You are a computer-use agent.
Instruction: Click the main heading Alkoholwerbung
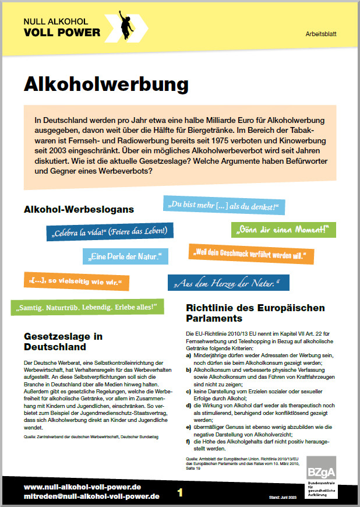point(106,84)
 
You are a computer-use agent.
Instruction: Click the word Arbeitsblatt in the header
point(322,35)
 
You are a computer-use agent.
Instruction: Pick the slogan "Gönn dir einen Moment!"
point(283,229)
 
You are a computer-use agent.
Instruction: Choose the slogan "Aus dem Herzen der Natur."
point(228,283)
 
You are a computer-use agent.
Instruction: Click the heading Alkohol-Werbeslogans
point(79,209)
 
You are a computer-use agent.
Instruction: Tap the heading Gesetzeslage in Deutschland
point(63,341)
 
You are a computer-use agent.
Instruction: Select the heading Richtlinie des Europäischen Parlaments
point(255,312)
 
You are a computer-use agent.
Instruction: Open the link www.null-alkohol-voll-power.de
point(82,487)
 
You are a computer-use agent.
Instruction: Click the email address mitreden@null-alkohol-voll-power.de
point(91,497)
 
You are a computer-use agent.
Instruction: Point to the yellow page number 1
point(180,492)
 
